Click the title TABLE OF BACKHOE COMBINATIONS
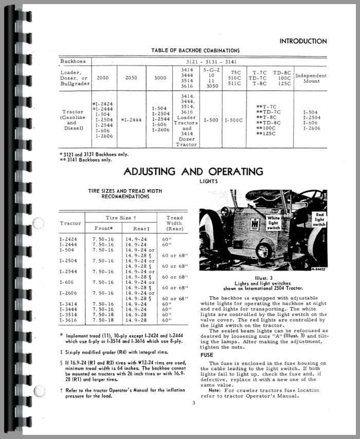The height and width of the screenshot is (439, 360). tap(195, 50)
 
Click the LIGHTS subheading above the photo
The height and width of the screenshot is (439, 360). tap(209, 181)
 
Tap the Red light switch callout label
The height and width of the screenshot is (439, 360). tap(319, 219)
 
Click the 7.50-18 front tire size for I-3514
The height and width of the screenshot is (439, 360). tap(103, 315)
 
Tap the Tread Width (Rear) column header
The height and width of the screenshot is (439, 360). tap(174, 223)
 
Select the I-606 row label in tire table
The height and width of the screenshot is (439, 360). tap(67, 282)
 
